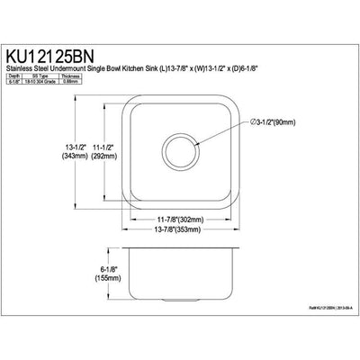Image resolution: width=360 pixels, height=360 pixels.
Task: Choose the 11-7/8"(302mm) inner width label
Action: click(x=177, y=218)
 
